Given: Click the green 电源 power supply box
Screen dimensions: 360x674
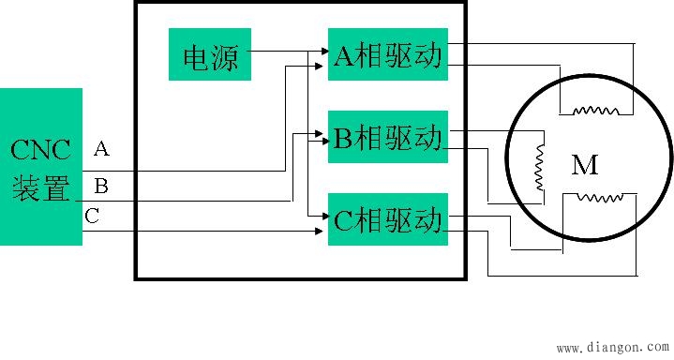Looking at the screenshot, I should [210, 56].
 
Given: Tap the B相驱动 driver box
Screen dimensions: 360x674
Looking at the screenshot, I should [387, 137].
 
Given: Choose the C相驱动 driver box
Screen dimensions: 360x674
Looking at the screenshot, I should [387, 219].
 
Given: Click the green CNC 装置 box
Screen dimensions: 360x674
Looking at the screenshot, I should [40, 166].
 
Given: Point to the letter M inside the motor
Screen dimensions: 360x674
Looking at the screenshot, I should [585, 166].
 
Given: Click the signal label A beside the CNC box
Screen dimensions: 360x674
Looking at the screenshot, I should [101, 148].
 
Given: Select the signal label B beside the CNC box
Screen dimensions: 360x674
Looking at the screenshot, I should [101, 186].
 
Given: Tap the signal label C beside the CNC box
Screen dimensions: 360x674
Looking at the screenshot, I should [92, 216].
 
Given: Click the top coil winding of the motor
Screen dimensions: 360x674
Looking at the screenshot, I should [595, 110].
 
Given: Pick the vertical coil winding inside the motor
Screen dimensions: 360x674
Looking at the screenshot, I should [540, 166].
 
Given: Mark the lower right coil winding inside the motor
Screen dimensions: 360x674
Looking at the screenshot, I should [600, 198].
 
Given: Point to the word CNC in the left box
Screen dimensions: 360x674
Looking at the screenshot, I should [40, 150].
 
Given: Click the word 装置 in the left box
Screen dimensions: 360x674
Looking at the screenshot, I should [40, 189].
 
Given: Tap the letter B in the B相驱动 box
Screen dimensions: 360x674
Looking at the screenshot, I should [343, 138].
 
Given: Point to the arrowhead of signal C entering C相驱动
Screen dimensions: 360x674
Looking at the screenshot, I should [322, 231].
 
